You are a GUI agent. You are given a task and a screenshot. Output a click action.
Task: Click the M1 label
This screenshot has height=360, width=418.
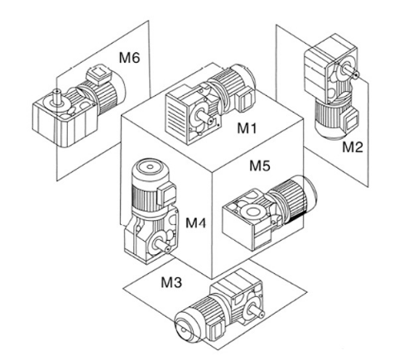tap(247, 128)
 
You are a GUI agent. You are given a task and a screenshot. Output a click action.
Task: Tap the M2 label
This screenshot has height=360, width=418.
tap(353, 146)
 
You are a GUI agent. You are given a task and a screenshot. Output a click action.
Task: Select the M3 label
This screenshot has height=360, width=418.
tap(171, 282)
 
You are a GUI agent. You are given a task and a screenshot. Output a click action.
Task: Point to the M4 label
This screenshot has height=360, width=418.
tap(196, 223)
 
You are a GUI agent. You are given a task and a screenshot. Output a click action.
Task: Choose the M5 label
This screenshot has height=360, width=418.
tap(260, 166)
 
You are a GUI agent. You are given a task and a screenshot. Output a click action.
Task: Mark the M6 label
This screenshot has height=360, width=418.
tap(129, 58)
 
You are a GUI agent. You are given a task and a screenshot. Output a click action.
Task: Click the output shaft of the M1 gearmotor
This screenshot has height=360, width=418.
tap(204, 118)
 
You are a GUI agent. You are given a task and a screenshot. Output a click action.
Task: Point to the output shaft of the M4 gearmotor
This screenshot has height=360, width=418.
tap(163, 245)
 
